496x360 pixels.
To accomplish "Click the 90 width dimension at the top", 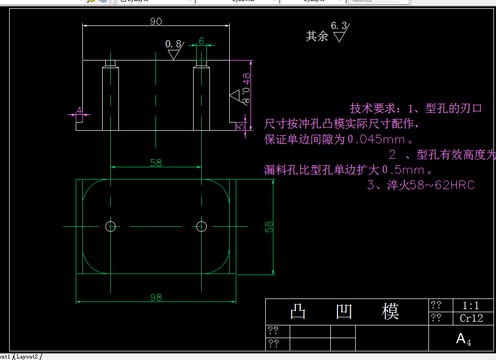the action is [156, 21].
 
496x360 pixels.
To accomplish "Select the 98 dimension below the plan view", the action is [156, 297].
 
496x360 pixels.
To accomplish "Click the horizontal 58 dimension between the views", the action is [156, 163].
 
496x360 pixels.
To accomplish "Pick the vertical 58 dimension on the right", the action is [269, 226].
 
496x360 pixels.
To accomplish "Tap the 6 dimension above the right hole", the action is [201, 41].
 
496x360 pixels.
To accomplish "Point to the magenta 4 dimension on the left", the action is [79, 110].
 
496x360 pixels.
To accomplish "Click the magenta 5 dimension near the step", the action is [243, 125].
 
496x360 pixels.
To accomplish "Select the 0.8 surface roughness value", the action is [173, 44].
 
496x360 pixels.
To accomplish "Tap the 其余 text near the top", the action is [317, 36].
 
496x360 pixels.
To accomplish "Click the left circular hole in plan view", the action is [110, 226].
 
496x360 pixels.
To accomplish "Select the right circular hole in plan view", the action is [201, 226].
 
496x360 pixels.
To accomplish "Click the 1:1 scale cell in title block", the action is [471, 306].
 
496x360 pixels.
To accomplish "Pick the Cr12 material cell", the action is [471, 318].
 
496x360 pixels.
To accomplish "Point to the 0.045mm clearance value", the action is [374, 139].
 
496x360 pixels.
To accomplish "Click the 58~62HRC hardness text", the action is [442, 185].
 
